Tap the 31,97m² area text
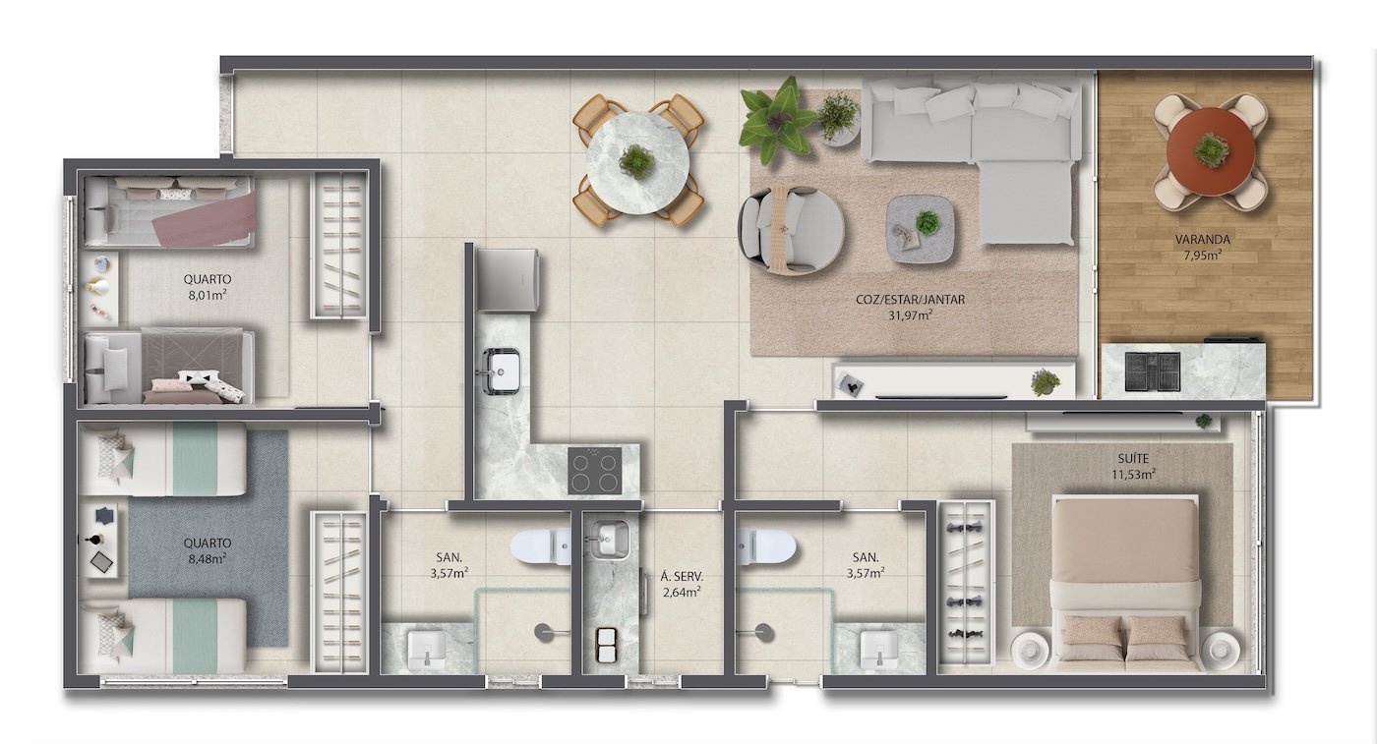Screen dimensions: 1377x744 pyautogui.click(x=910, y=315)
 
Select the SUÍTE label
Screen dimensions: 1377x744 pyautogui.click(x=1134, y=458)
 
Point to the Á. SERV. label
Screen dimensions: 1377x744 pyautogui.click(x=682, y=577)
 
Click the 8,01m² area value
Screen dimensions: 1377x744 pyautogui.click(x=208, y=294)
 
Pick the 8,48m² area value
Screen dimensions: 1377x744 pyautogui.click(x=208, y=558)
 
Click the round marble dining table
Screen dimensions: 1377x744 pyautogui.click(x=637, y=161)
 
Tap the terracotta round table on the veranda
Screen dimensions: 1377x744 pyautogui.click(x=1211, y=151)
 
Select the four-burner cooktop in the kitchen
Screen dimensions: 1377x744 pyautogui.click(x=594, y=471)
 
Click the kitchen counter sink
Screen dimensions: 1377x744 pyautogui.click(x=501, y=370)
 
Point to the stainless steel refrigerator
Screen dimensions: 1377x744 pyautogui.click(x=508, y=279)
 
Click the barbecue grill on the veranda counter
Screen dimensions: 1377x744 pyautogui.click(x=1152, y=372)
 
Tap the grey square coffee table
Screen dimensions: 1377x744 pyautogui.click(x=921, y=230)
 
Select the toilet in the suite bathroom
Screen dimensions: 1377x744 pyautogui.click(x=766, y=546)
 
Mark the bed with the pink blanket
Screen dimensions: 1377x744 pyautogui.click(x=168, y=212)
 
